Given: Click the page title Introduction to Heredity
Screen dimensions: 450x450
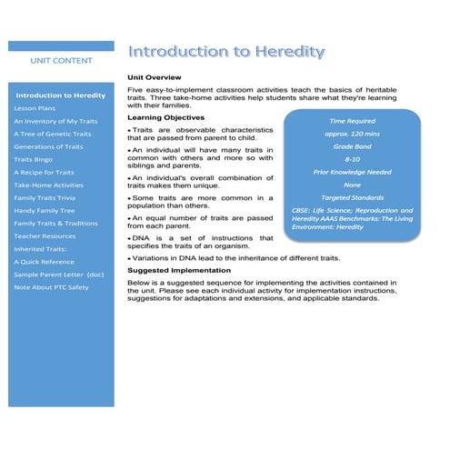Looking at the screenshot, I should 226,52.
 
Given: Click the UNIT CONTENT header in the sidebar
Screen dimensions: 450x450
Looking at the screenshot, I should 61,61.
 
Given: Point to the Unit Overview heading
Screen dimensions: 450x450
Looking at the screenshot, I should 155,77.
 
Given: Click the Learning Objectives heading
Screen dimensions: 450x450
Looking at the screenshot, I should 165,117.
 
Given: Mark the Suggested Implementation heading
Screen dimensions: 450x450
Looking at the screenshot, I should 179,270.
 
